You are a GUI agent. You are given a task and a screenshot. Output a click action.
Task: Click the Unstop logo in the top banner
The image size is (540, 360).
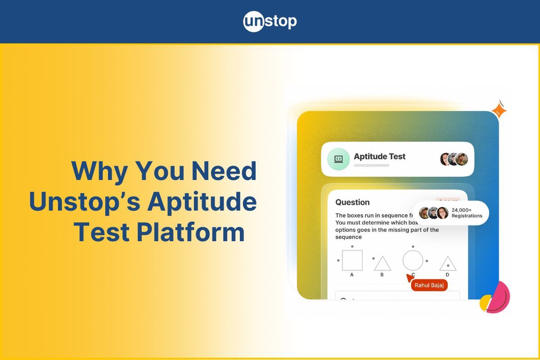[270, 21]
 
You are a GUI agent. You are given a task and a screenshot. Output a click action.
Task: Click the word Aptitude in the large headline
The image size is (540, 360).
[202, 202]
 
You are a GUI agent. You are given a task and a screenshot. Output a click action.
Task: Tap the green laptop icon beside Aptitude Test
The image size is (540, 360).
[338, 159]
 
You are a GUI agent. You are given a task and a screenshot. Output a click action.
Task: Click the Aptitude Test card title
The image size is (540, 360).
[379, 157]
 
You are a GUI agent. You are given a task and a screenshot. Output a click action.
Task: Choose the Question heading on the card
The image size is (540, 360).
[352, 202]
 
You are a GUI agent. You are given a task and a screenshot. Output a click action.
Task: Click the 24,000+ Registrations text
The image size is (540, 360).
[467, 213]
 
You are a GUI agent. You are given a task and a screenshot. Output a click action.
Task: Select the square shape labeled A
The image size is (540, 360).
[352, 260]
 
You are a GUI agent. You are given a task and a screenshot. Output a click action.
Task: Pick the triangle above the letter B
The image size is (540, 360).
[382, 263]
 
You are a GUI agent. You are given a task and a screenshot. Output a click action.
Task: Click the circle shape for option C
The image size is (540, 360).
[413, 260]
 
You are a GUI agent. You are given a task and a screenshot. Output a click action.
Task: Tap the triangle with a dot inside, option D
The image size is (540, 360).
[448, 264]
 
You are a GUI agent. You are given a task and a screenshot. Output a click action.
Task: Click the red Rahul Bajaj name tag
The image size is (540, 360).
[429, 285]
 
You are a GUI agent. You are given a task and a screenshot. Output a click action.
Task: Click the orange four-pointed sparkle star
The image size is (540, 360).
[499, 110]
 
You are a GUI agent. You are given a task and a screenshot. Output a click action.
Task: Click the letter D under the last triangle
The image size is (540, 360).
[447, 274]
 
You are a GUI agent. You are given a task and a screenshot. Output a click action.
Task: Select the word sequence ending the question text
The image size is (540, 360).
[348, 237]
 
